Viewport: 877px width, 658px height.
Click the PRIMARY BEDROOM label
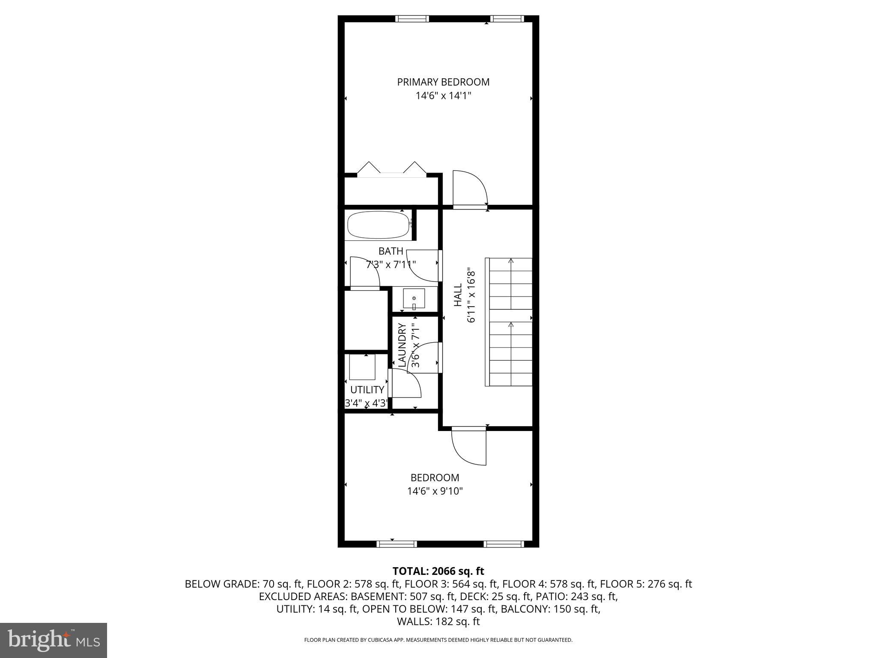click(x=443, y=82)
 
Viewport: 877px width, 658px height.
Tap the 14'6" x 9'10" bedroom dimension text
click(x=435, y=491)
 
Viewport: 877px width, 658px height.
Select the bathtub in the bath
click(x=378, y=225)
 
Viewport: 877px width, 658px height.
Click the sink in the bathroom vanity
click(x=414, y=299)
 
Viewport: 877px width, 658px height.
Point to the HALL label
click(x=458, y=295)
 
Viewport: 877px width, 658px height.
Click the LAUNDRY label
click(x=402, y=345)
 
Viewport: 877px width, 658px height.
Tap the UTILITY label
click(x=367, y=390)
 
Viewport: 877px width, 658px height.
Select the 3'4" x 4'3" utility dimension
click(x=367, y=403)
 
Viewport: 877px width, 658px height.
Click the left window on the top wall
click(x=412, y=18)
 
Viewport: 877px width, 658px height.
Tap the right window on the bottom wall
click(x=503, y=544)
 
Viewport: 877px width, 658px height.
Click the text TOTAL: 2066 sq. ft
click(x=438, y=571)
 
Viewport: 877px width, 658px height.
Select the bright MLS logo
click(x=54, y=640)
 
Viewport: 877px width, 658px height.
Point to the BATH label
click(x=391, y=251)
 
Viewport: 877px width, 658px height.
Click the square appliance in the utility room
click(x=362, y=367)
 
